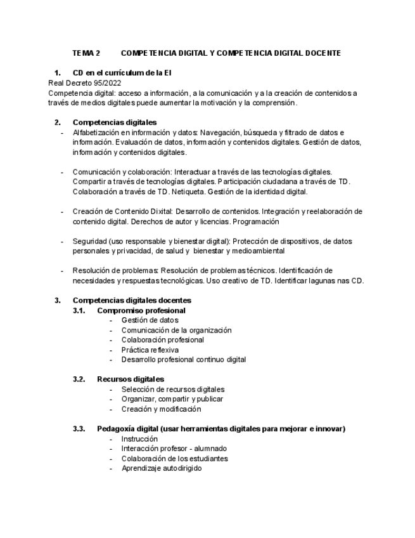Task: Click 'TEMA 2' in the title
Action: coord(86,53)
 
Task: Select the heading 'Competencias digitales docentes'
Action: coord(132,300)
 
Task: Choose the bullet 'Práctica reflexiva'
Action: coord(150,350)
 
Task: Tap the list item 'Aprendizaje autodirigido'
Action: coord(161,468)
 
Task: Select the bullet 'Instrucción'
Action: coord(139,438)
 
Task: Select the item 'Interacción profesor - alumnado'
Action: coord(174,449)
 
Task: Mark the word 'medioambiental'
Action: coord(259,251)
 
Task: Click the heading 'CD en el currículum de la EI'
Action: coord(122,73)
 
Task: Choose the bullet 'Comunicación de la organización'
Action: coord(176,330)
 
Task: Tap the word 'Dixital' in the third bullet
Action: coord(159,211)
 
